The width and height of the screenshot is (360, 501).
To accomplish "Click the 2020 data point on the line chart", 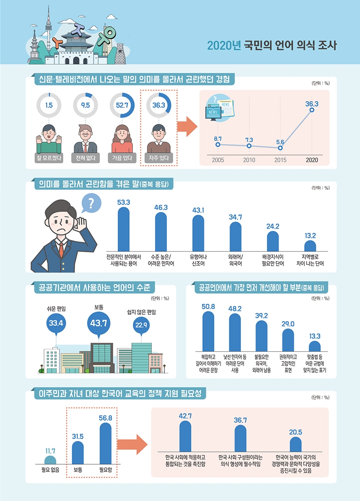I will [x=312, y=110].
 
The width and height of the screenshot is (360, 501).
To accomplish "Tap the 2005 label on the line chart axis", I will [x=218, y=160].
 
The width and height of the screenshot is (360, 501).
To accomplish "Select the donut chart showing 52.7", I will [x=122, y=105].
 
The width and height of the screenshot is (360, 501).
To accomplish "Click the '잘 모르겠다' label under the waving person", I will [x=49, y=159].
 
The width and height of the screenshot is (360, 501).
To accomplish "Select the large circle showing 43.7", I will [x=99, y=323].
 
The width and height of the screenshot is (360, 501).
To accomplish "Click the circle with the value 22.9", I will [x=141, y=325].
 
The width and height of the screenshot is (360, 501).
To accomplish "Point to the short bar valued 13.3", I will [x=315, y=346].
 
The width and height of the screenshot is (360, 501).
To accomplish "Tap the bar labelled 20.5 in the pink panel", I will [x=296, y=445].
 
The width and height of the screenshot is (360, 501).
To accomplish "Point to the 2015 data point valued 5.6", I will [x=280, y=148].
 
